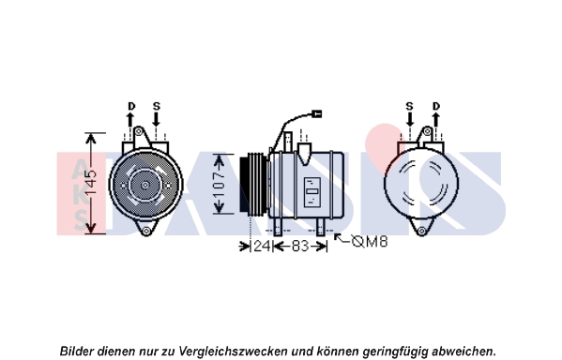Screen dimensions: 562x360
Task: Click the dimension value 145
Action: coord(91,183)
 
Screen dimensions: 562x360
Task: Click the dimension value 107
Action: coord(219,185)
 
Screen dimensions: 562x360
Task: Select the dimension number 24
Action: coord(261,246)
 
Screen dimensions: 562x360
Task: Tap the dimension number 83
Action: coord(300,246)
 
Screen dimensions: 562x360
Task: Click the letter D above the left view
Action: coord(131,106)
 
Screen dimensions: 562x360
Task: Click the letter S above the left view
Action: coord(157,106)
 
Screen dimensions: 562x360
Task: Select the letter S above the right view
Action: coord(409,106)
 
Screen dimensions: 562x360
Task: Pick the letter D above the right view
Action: coord(436,106)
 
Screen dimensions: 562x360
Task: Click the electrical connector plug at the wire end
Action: coord(317,114)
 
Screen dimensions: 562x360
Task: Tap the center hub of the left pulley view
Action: coord(145,186)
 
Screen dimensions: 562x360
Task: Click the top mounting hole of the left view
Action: coord(138,131)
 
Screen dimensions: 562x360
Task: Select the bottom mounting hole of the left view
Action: coord(145,231)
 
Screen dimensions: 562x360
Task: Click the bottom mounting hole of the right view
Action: coord(421,231)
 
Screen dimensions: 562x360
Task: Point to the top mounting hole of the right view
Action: coord(427,131)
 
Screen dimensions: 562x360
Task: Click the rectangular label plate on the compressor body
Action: coord(312,192)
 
